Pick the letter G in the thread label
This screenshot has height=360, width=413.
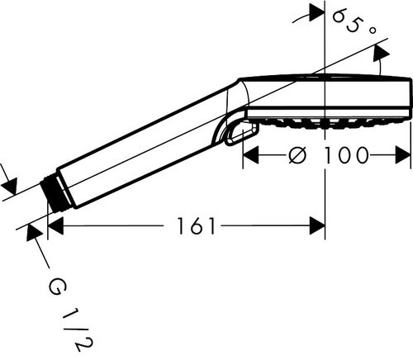(56, 288)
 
